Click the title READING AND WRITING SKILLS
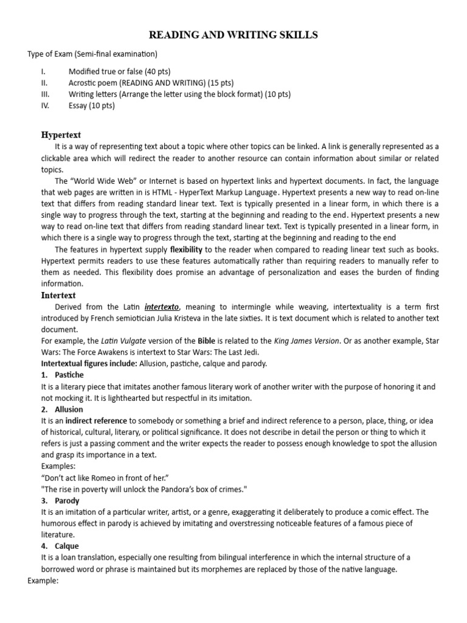pyautogui.click(x=233, y=35)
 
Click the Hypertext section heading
pyautogui.click(x=61, y=134)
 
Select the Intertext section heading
pyautogui.click(x=58, y=295)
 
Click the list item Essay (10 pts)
pyautogui.click(x=91, y=105)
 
